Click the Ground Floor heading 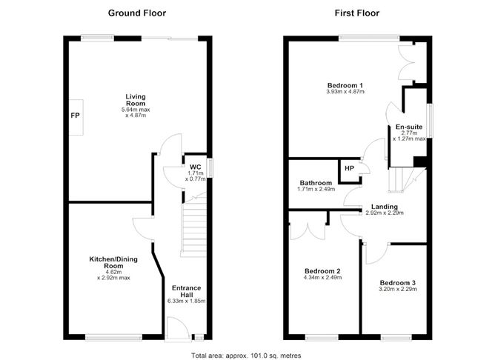point(137,13)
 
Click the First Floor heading point(357,13)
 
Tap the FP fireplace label point(76,116)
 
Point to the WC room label point(195,167)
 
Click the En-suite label point(409,127)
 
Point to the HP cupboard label point(349,170)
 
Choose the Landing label point(385,207)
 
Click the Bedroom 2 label point(322,270)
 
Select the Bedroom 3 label point(398,282)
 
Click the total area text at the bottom point(246,356)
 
